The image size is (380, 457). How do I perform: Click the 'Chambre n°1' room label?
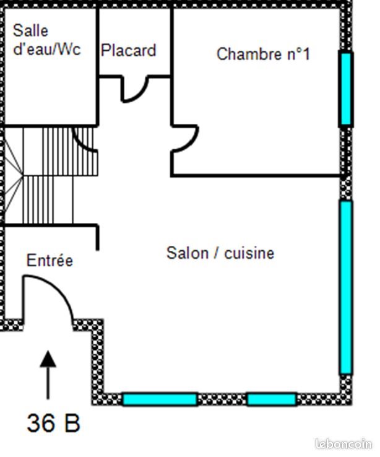[263, 54]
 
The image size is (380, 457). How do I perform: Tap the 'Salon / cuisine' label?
[220, 253]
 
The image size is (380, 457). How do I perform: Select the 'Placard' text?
[128, 50]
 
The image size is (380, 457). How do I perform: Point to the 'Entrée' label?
[50, 261]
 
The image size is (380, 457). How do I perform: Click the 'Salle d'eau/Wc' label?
[46, 40]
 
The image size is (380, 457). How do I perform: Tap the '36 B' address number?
[53, 424]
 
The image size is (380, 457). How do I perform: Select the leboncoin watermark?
[343, 443]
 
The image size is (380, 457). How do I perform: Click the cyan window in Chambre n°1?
[346, 89]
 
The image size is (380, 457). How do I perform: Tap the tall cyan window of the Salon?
[346, 287]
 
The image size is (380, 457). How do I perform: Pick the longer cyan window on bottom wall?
[160, 399]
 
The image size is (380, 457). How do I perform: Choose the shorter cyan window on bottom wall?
[271, 399]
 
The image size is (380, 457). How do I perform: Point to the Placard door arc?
[135, 91]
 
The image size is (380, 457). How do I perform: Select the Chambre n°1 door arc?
[188, 139]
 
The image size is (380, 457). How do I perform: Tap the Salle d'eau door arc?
[84, 139]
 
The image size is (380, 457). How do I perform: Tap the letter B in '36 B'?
[71, 424]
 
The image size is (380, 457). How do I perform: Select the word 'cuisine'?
[249, 253]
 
